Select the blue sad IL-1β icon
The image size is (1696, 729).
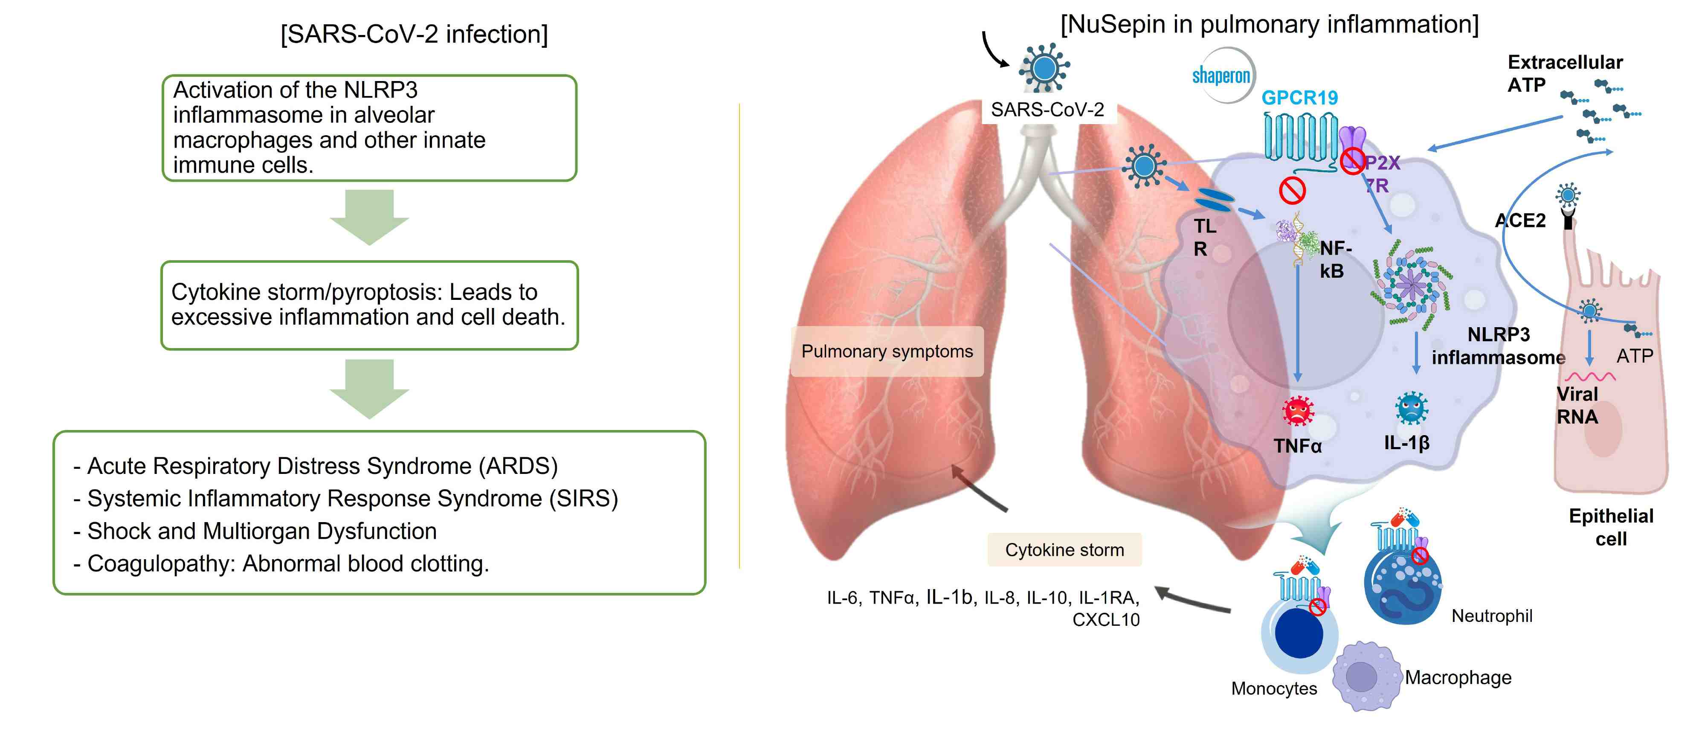1411,408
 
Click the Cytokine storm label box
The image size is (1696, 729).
1064,550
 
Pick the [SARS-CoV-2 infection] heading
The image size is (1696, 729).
414,34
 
